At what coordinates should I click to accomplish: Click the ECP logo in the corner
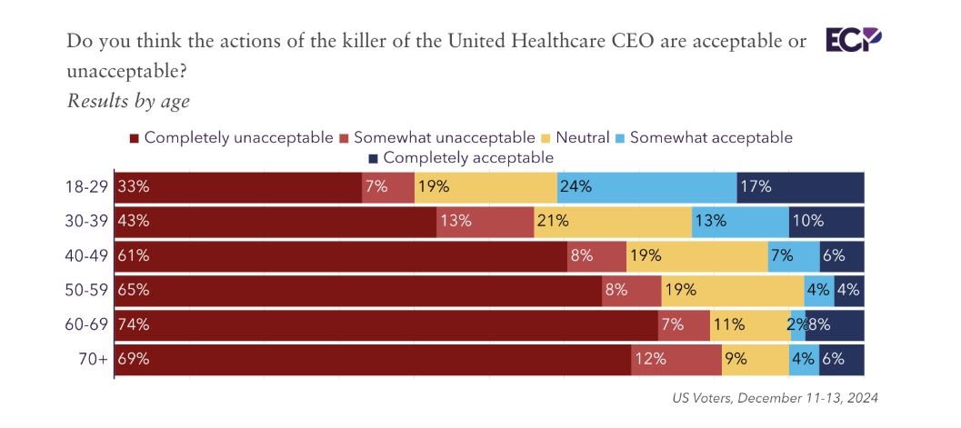[x=853, y=40]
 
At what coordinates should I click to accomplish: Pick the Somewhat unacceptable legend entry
[x=435, y=137]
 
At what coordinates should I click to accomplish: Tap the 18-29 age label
[x=88, y=187]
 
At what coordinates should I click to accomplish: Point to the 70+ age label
[x=95, y=359]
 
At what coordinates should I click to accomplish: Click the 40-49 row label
[x=88, y=256]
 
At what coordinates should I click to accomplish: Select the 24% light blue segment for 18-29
[x=646, y=187]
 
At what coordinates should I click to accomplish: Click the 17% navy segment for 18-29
[x=800, y=187]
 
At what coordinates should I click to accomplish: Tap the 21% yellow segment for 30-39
[x=612, y=222]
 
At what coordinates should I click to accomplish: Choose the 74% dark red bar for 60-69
[x=385, y=324]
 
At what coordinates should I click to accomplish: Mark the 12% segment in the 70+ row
[x=676, y=359]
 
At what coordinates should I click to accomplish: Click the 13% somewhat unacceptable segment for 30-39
[x=485, y=222]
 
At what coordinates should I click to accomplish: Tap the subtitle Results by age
[x=128, y=101]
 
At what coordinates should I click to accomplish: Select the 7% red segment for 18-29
[x=388, y=187]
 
